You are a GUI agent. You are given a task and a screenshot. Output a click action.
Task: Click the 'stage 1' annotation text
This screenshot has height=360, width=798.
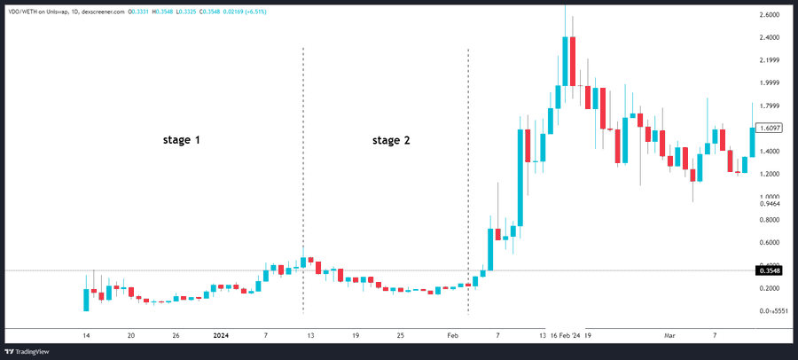point(180,140)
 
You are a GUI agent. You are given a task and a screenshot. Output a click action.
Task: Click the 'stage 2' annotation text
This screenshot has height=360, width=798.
point(391,140)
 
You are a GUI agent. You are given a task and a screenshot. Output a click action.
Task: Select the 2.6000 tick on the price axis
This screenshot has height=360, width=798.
point(771,16)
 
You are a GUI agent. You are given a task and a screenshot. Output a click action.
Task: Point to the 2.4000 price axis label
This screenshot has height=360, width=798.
point(771,38)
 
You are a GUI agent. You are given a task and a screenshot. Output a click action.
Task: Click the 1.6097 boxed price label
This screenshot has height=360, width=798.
point(771,128)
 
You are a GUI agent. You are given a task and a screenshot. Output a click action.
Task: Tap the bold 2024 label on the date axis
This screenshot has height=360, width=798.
point(221,336)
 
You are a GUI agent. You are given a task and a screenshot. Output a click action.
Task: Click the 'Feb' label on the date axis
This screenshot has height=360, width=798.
point(453,336)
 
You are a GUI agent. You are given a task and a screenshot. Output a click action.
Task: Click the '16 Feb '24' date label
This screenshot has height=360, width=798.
point(565,336)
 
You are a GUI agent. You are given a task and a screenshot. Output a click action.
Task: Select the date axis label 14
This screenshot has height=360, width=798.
point(86,336)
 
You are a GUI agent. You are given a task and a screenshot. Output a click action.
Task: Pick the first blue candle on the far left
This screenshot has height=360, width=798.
point(86,299)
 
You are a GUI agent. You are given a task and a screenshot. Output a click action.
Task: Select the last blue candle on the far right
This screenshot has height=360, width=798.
point(753,142)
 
